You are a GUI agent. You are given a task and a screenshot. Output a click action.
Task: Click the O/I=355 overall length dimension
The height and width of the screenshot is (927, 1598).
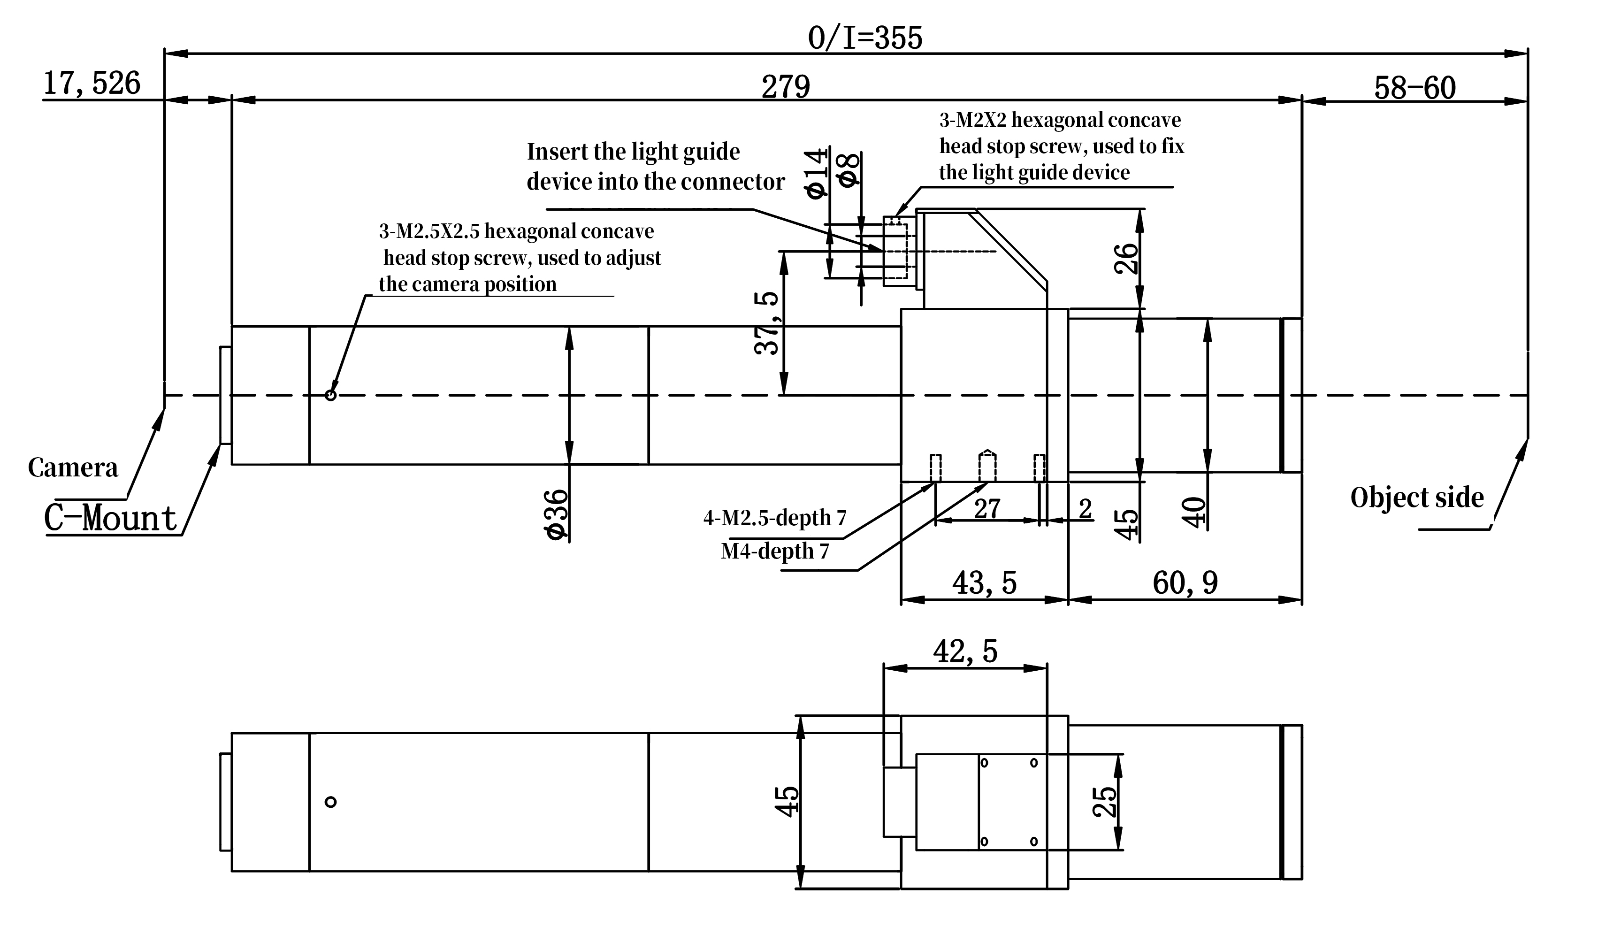(x=864, y=38)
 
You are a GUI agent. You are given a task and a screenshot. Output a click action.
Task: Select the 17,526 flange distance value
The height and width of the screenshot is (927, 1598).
(x=92, y=84)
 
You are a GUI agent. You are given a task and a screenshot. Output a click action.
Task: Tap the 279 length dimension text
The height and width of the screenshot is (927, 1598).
(x=785, y=87)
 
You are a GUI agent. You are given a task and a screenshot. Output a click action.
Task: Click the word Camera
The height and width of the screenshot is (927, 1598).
(x=73, y=468)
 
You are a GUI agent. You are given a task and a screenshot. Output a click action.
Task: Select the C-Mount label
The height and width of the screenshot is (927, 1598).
(x=110, y=518)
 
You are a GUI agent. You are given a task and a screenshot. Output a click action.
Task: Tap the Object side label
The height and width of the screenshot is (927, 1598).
(x=1417, y=498)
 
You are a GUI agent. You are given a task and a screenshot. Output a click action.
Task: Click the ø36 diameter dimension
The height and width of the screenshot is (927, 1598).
(x=556, y=514)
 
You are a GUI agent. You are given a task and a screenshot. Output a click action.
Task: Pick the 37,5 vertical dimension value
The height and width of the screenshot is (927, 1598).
(x=767, y=323)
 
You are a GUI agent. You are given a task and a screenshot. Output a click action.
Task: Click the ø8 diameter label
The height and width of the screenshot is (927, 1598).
(x=849, y=170)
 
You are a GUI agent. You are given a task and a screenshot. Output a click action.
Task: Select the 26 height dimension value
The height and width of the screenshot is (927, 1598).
(x=1126, y=258)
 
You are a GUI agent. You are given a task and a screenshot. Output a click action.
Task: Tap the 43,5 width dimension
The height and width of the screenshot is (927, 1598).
(x=984, y=582)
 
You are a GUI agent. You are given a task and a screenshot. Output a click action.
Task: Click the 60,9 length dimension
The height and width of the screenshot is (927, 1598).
(x=1185, y=582)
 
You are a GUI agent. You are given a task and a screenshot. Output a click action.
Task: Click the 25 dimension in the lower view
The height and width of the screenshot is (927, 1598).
(x=1104, y=802)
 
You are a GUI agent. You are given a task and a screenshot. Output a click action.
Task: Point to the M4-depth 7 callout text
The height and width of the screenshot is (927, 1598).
(x=774, y=551)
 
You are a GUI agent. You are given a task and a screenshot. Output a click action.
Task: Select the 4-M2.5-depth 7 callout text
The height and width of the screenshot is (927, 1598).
(x=774, y=518)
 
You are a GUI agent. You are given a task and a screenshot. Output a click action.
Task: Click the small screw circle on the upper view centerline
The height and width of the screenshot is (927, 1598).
(x=330, y=396)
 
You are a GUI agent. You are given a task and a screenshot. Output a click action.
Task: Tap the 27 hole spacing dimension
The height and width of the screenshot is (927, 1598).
(x=986, y=508)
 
